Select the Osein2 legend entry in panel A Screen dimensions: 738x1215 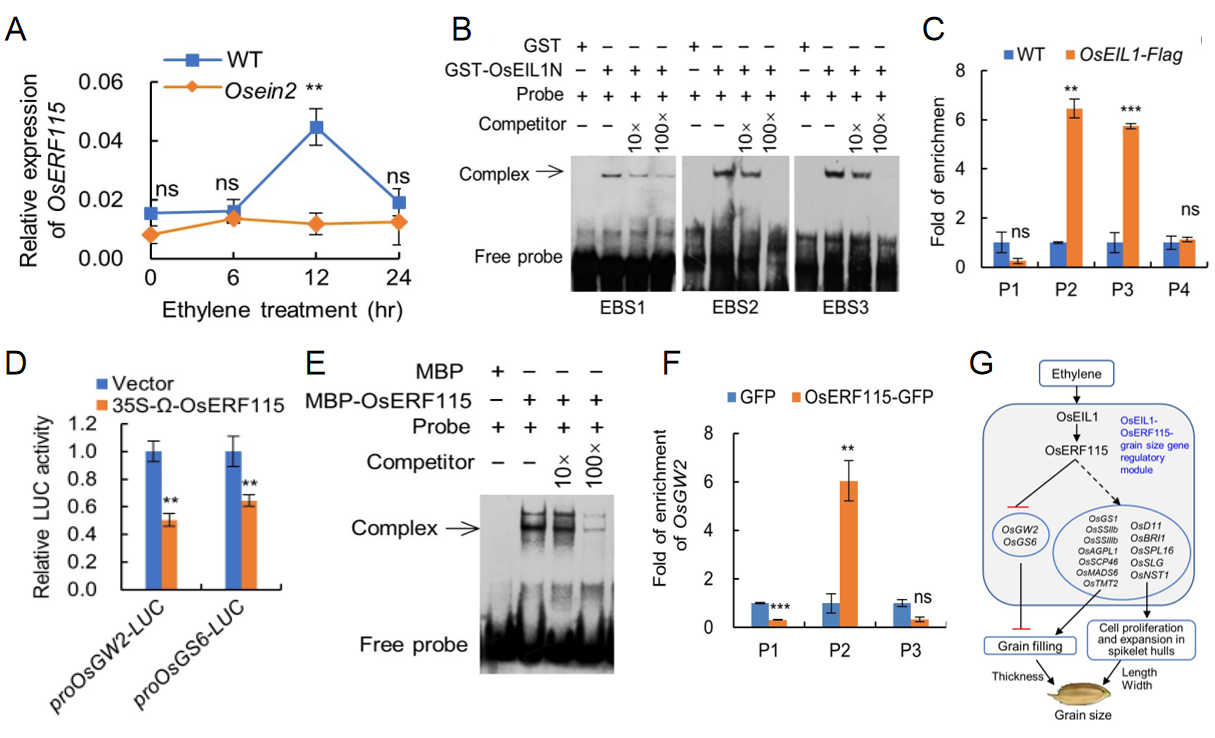[x=241, y=89]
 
